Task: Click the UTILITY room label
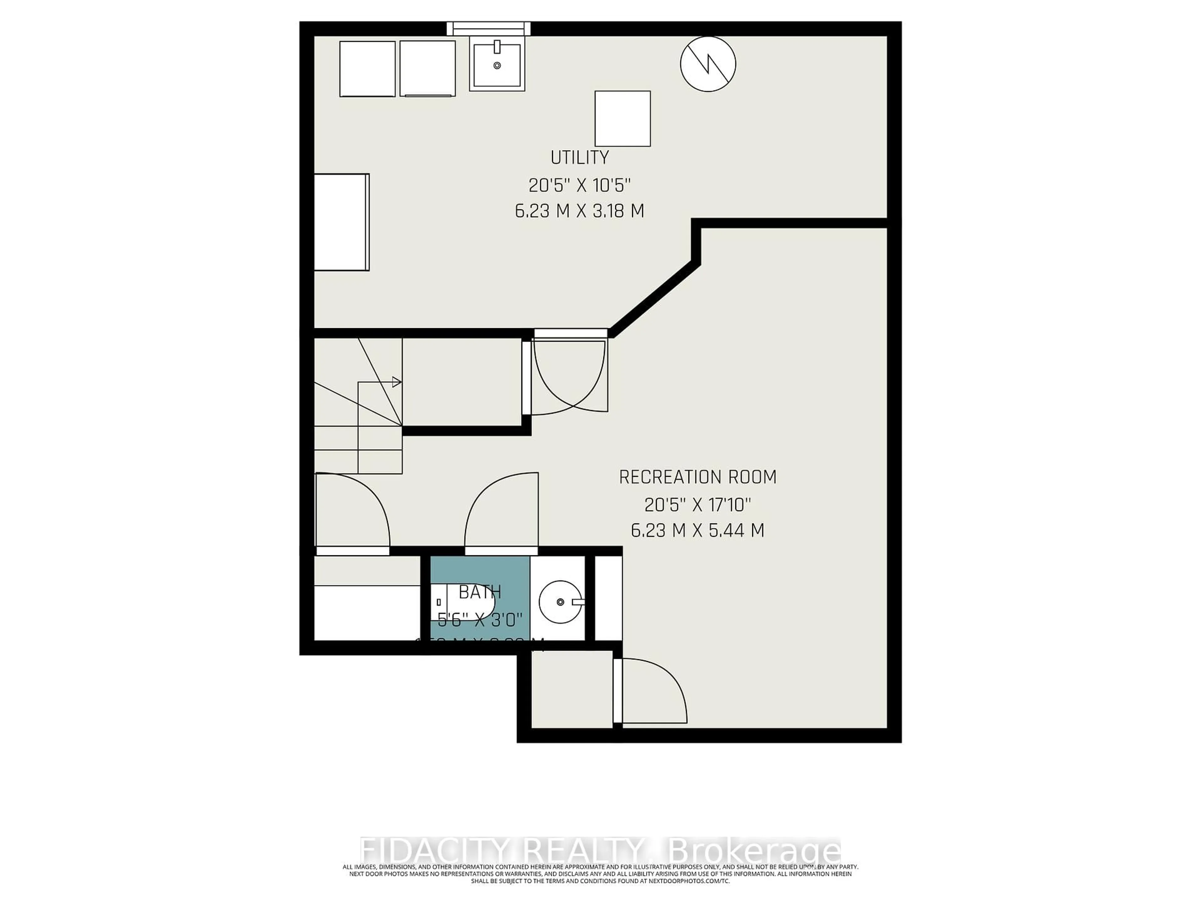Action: (x=579, y=157)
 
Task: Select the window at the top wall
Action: (x=488, y=28)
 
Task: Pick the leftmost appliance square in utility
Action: (x=367, y=69)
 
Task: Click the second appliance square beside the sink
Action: (x=427, y=69)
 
